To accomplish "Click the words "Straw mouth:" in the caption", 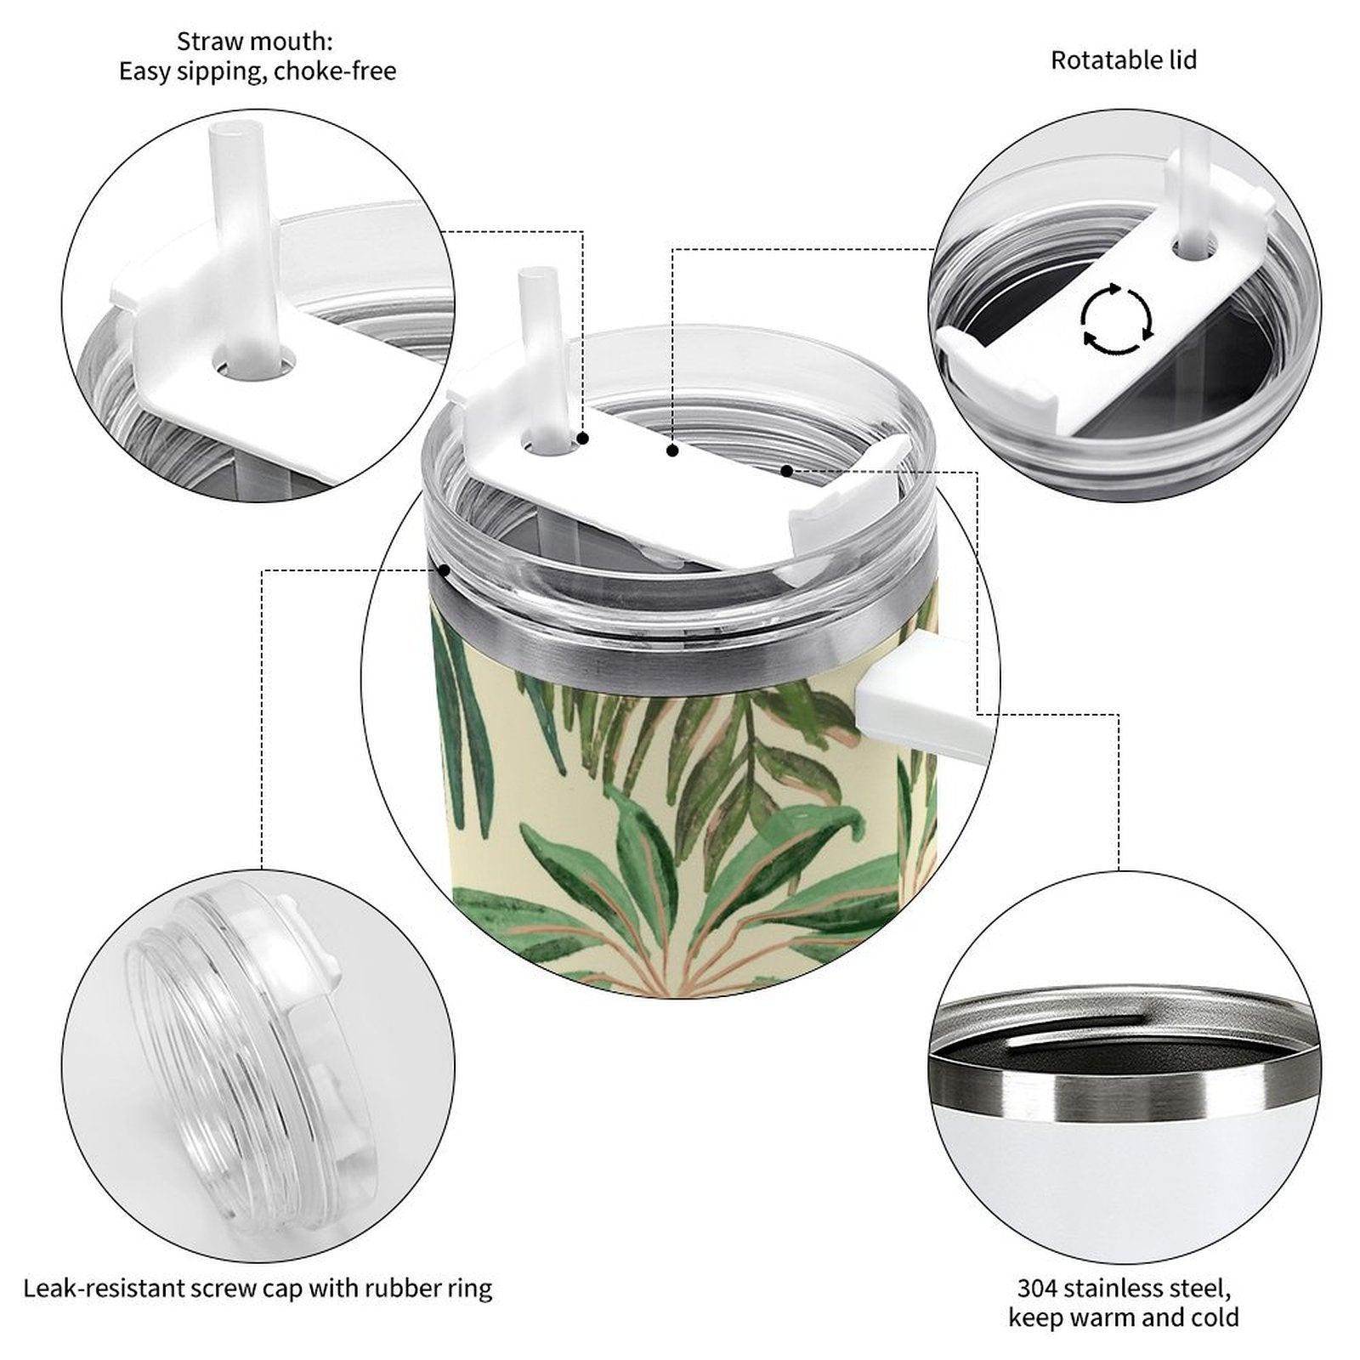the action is pyautogui.click(x=255, y=41).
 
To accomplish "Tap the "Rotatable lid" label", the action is pyautogui.click(x=1124, y=60).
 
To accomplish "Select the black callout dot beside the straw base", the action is pyautogui.click(x=583, y=439).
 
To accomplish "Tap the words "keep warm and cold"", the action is pyautogui.click(x=1124, y=1318).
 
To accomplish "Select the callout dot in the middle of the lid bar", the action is pyautogui.click(x=672, y=451).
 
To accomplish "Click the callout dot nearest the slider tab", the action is pyautogui.click(x=787, y=470).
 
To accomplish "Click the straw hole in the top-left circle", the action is pyautogui.click(x=257, y=367).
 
